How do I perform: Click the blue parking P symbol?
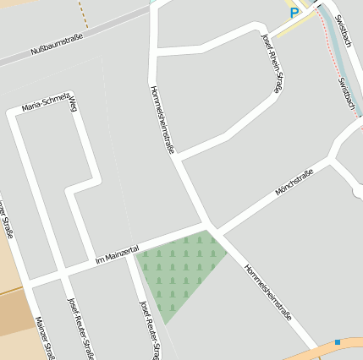(x=294, y=13)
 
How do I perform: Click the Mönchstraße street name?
(x=294, y=181)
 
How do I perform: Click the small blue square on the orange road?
(x=337, y=341)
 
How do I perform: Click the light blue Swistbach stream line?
(x=332, y=51)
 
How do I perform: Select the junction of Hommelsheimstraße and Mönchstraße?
(x=212, y=227)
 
